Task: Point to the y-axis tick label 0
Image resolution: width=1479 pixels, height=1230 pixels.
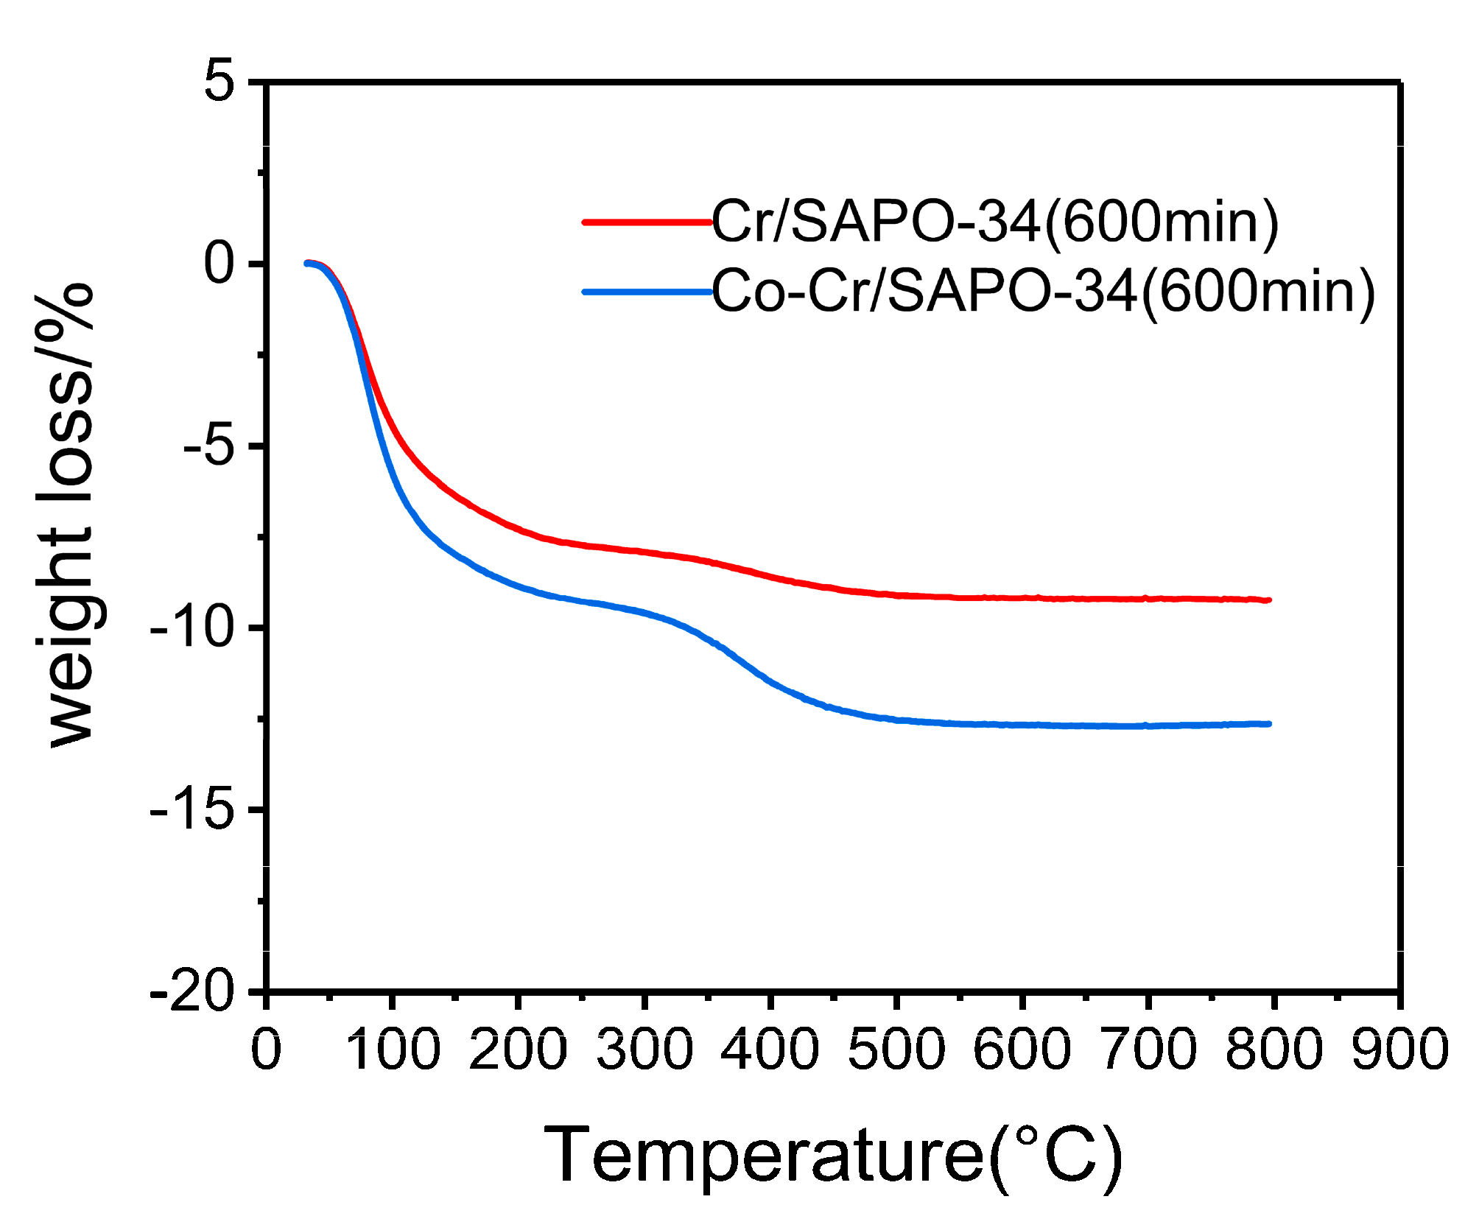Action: tap(219, 263)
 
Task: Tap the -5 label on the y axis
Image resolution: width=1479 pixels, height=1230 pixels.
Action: tap(209, 446)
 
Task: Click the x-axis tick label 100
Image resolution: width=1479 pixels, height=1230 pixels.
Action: tap(393, 1049)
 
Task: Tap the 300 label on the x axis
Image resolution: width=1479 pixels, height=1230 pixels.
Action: tap(644, 1049)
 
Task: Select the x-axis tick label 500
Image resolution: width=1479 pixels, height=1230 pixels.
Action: tap(896, 1049)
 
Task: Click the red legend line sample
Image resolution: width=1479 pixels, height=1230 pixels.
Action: tap(647, 222)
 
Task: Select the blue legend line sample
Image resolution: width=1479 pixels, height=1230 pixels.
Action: tap(647, 292)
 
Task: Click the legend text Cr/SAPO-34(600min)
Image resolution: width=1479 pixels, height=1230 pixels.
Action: tap(995, 222)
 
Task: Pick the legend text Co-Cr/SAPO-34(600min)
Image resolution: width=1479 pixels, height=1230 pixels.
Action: tap(1043, 292)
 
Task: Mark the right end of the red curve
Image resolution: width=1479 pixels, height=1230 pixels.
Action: tap(1269, 600)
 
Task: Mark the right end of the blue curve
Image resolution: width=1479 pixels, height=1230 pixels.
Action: tap(1269, 724)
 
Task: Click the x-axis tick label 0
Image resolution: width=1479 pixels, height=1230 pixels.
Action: tap(266, 1049)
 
